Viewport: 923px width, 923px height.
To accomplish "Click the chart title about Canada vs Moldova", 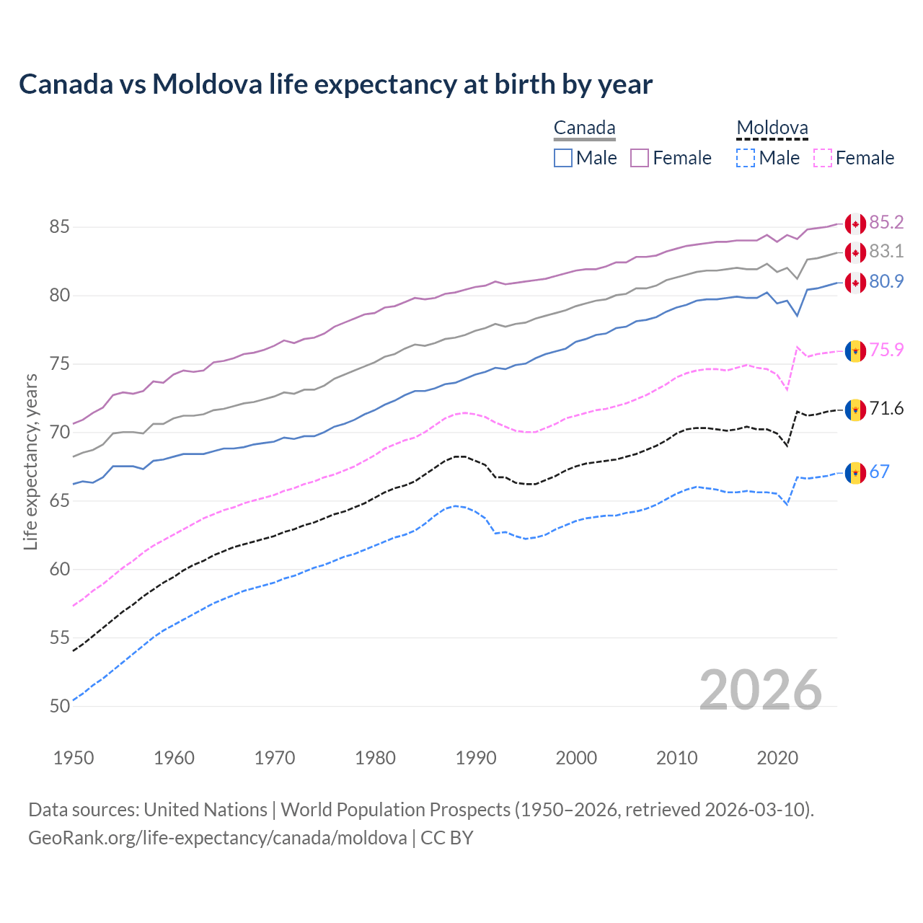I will point(335,84).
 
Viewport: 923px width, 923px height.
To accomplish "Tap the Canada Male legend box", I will point(563,158).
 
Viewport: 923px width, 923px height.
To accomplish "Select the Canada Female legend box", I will point(640,158).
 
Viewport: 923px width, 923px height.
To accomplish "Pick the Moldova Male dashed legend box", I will point(746,158).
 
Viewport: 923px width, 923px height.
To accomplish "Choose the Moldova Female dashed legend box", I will point(823,158).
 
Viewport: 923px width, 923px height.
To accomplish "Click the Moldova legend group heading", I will point(772,128).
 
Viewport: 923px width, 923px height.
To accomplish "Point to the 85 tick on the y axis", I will point(59,227).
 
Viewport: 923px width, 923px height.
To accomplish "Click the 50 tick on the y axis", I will point(59,706).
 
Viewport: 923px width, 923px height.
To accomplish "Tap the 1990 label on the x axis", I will point(476,758).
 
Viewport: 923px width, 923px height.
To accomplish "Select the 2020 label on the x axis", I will point(777,758).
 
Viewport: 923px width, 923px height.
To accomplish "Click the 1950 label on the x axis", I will point(74,758).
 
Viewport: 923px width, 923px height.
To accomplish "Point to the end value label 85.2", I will point(886,223).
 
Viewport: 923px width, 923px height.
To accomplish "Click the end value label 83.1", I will point(886,252).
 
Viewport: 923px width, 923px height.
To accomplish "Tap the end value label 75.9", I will point(886,350).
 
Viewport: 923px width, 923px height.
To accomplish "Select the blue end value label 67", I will point(880,472).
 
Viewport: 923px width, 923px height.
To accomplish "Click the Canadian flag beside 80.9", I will point(855,282).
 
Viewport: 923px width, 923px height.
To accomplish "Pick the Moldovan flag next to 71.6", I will point(855,410).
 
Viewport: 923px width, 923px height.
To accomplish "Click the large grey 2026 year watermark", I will point(761,690).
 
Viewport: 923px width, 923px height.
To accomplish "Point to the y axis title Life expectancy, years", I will point(31,461).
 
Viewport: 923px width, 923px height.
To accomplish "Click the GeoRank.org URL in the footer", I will point(217,838).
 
